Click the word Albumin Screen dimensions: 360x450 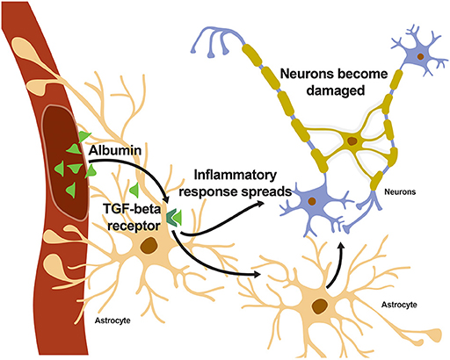point(118,152)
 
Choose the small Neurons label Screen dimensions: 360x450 point(398,191)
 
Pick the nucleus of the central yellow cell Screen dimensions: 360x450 point(352,140)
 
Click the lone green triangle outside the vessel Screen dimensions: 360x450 point(132,189)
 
